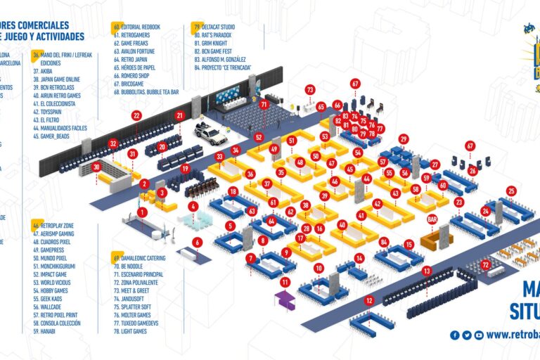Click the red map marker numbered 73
click(x=310, y=90)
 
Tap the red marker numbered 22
click(x=136, y=115)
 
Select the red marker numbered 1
click(x=143, y=212)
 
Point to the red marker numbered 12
click(x=369, y=301)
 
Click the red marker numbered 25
click(x=511, y=191)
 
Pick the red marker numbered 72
click(x=486, y=264)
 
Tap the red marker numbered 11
click(x=285, y=282)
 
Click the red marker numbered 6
click(x=198, y=242)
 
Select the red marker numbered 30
click(x=96, y=167)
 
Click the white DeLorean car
click(x=210, y=132)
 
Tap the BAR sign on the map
click(x=432, y=219)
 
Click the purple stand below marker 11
click(x=285, y=301)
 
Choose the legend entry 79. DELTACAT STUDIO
click(x=221, y=27)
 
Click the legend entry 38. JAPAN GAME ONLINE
click(x=59, y=79)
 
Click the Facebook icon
click(x=455, y=335)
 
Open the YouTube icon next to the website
click(x=479, y=335)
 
